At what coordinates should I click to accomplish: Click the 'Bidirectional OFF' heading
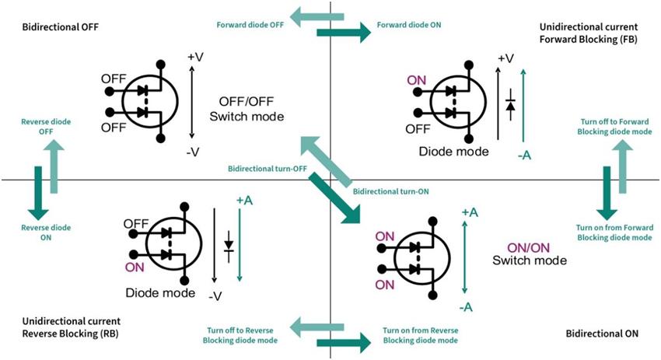click(x=55, y=27)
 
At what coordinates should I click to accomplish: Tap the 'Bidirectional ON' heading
click(x=601, y=333)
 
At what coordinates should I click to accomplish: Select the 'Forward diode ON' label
click(x=409, y=24)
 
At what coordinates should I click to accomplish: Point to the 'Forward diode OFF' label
click(x=250, y=24)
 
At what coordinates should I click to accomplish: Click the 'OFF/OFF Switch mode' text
click(x=247, y=109)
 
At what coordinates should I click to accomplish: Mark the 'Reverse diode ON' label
click(x=36, y=232)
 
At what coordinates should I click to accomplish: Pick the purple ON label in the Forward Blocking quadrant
click(x=417, y=80)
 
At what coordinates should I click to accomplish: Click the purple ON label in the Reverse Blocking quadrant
click(x=134, y=264)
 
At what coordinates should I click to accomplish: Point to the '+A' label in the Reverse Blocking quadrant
click(x=244, y=200)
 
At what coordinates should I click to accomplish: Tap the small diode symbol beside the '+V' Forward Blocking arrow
click(x=510, y=104)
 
